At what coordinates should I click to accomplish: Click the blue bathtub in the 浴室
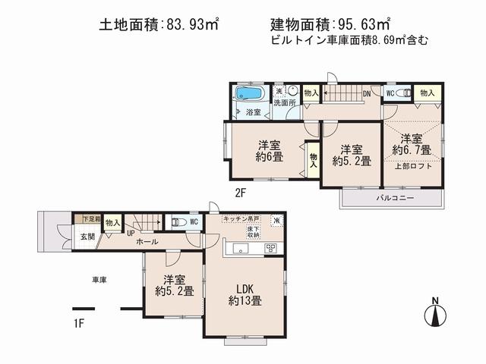[248, 95]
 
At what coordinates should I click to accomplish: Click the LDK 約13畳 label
[244, 295]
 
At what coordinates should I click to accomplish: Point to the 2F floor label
[240, 193]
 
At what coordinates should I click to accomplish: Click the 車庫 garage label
[99, 280]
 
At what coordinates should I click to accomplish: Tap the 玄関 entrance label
[87, 237]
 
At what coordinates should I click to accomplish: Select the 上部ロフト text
[415, 166]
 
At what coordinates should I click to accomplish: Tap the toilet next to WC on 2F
[405, 93]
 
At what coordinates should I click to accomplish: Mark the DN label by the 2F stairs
[367, 93]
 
